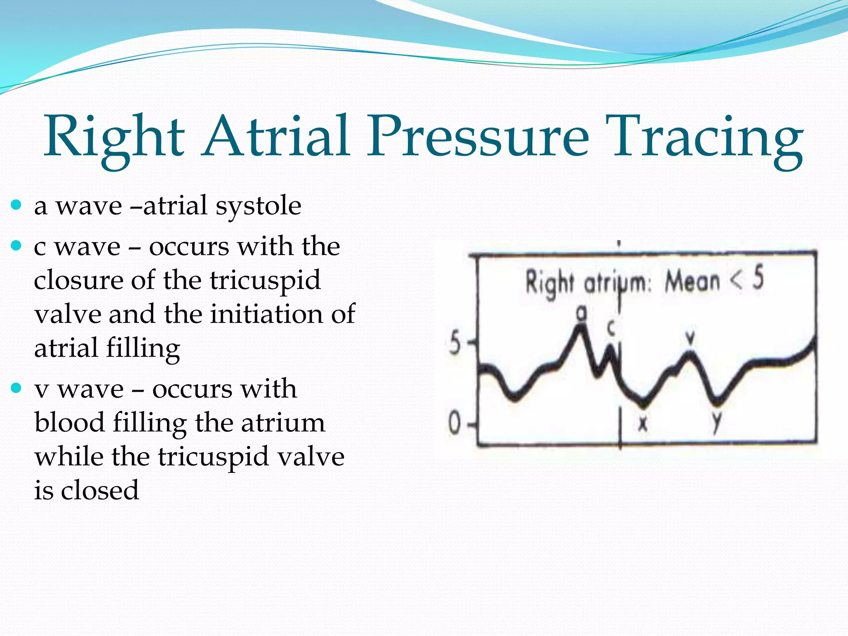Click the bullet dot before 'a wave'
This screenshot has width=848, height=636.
pyautogui.click(x=16, y=204)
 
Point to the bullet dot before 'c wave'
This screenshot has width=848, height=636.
pyautogui.click(x=16, y=246)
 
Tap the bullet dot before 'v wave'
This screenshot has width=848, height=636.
pyautogui.click(x=16, y=388)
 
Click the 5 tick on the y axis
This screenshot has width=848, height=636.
pyautogui.click(x=455, y=343)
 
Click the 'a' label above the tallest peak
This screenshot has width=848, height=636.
pyautogui.click(x=582, y=313)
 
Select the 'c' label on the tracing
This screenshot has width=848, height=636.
pyautogui.click(x=611, y=328)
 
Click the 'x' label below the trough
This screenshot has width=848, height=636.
pyautogui.click(x=643, y=423)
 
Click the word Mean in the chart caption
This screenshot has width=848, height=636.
pyautogui.click(x=692, y=282)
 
